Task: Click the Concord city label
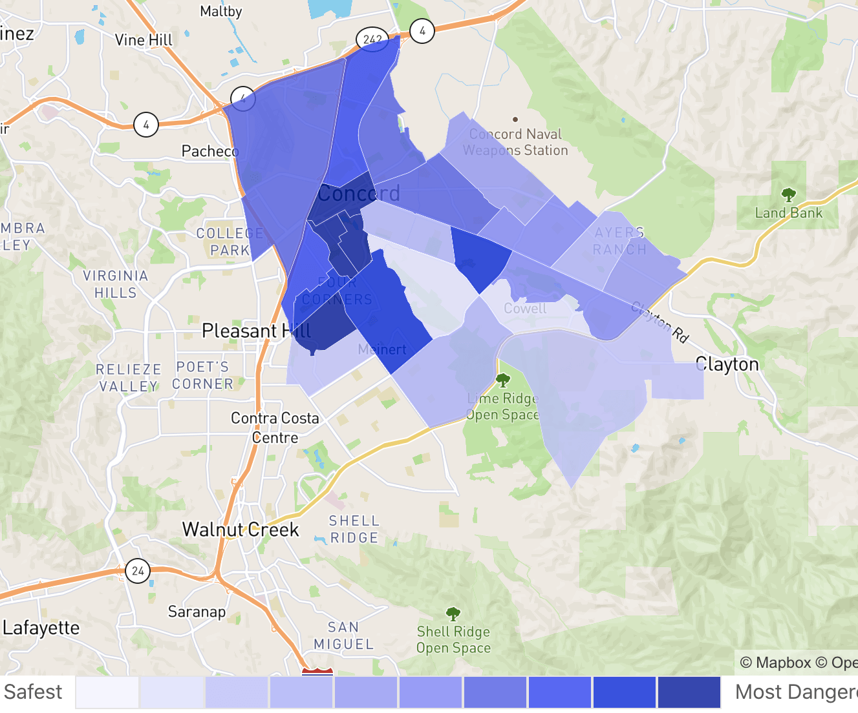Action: [x=359, y=193]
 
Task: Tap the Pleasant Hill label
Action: [x=256, y=331]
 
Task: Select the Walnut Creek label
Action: [x=241, y=530]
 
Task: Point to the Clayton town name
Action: [x=727, y=364]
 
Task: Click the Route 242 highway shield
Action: [x=372, y=39]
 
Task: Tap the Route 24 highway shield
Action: [x=138, y=570]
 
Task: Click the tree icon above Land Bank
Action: [x=788, y=194]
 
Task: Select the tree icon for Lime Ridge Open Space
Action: [x=502, y=380]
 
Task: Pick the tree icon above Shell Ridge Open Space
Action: [x=453, y=613]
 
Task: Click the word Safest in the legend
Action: [x=34, y=692]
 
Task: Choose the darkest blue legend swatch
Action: [x=689, y=692]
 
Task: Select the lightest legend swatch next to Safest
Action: [x=107, y=692]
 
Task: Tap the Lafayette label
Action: [x=41, y=628]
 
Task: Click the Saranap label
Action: [x=197, y=612]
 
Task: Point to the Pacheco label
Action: [x=210, y=151]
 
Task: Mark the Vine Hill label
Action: [x=144, y=40]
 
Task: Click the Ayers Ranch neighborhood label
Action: [x=619, y=241]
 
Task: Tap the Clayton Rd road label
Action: [x=660, y=321]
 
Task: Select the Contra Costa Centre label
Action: [x=275, y=428]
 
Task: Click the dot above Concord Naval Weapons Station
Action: [x=515, y=119]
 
